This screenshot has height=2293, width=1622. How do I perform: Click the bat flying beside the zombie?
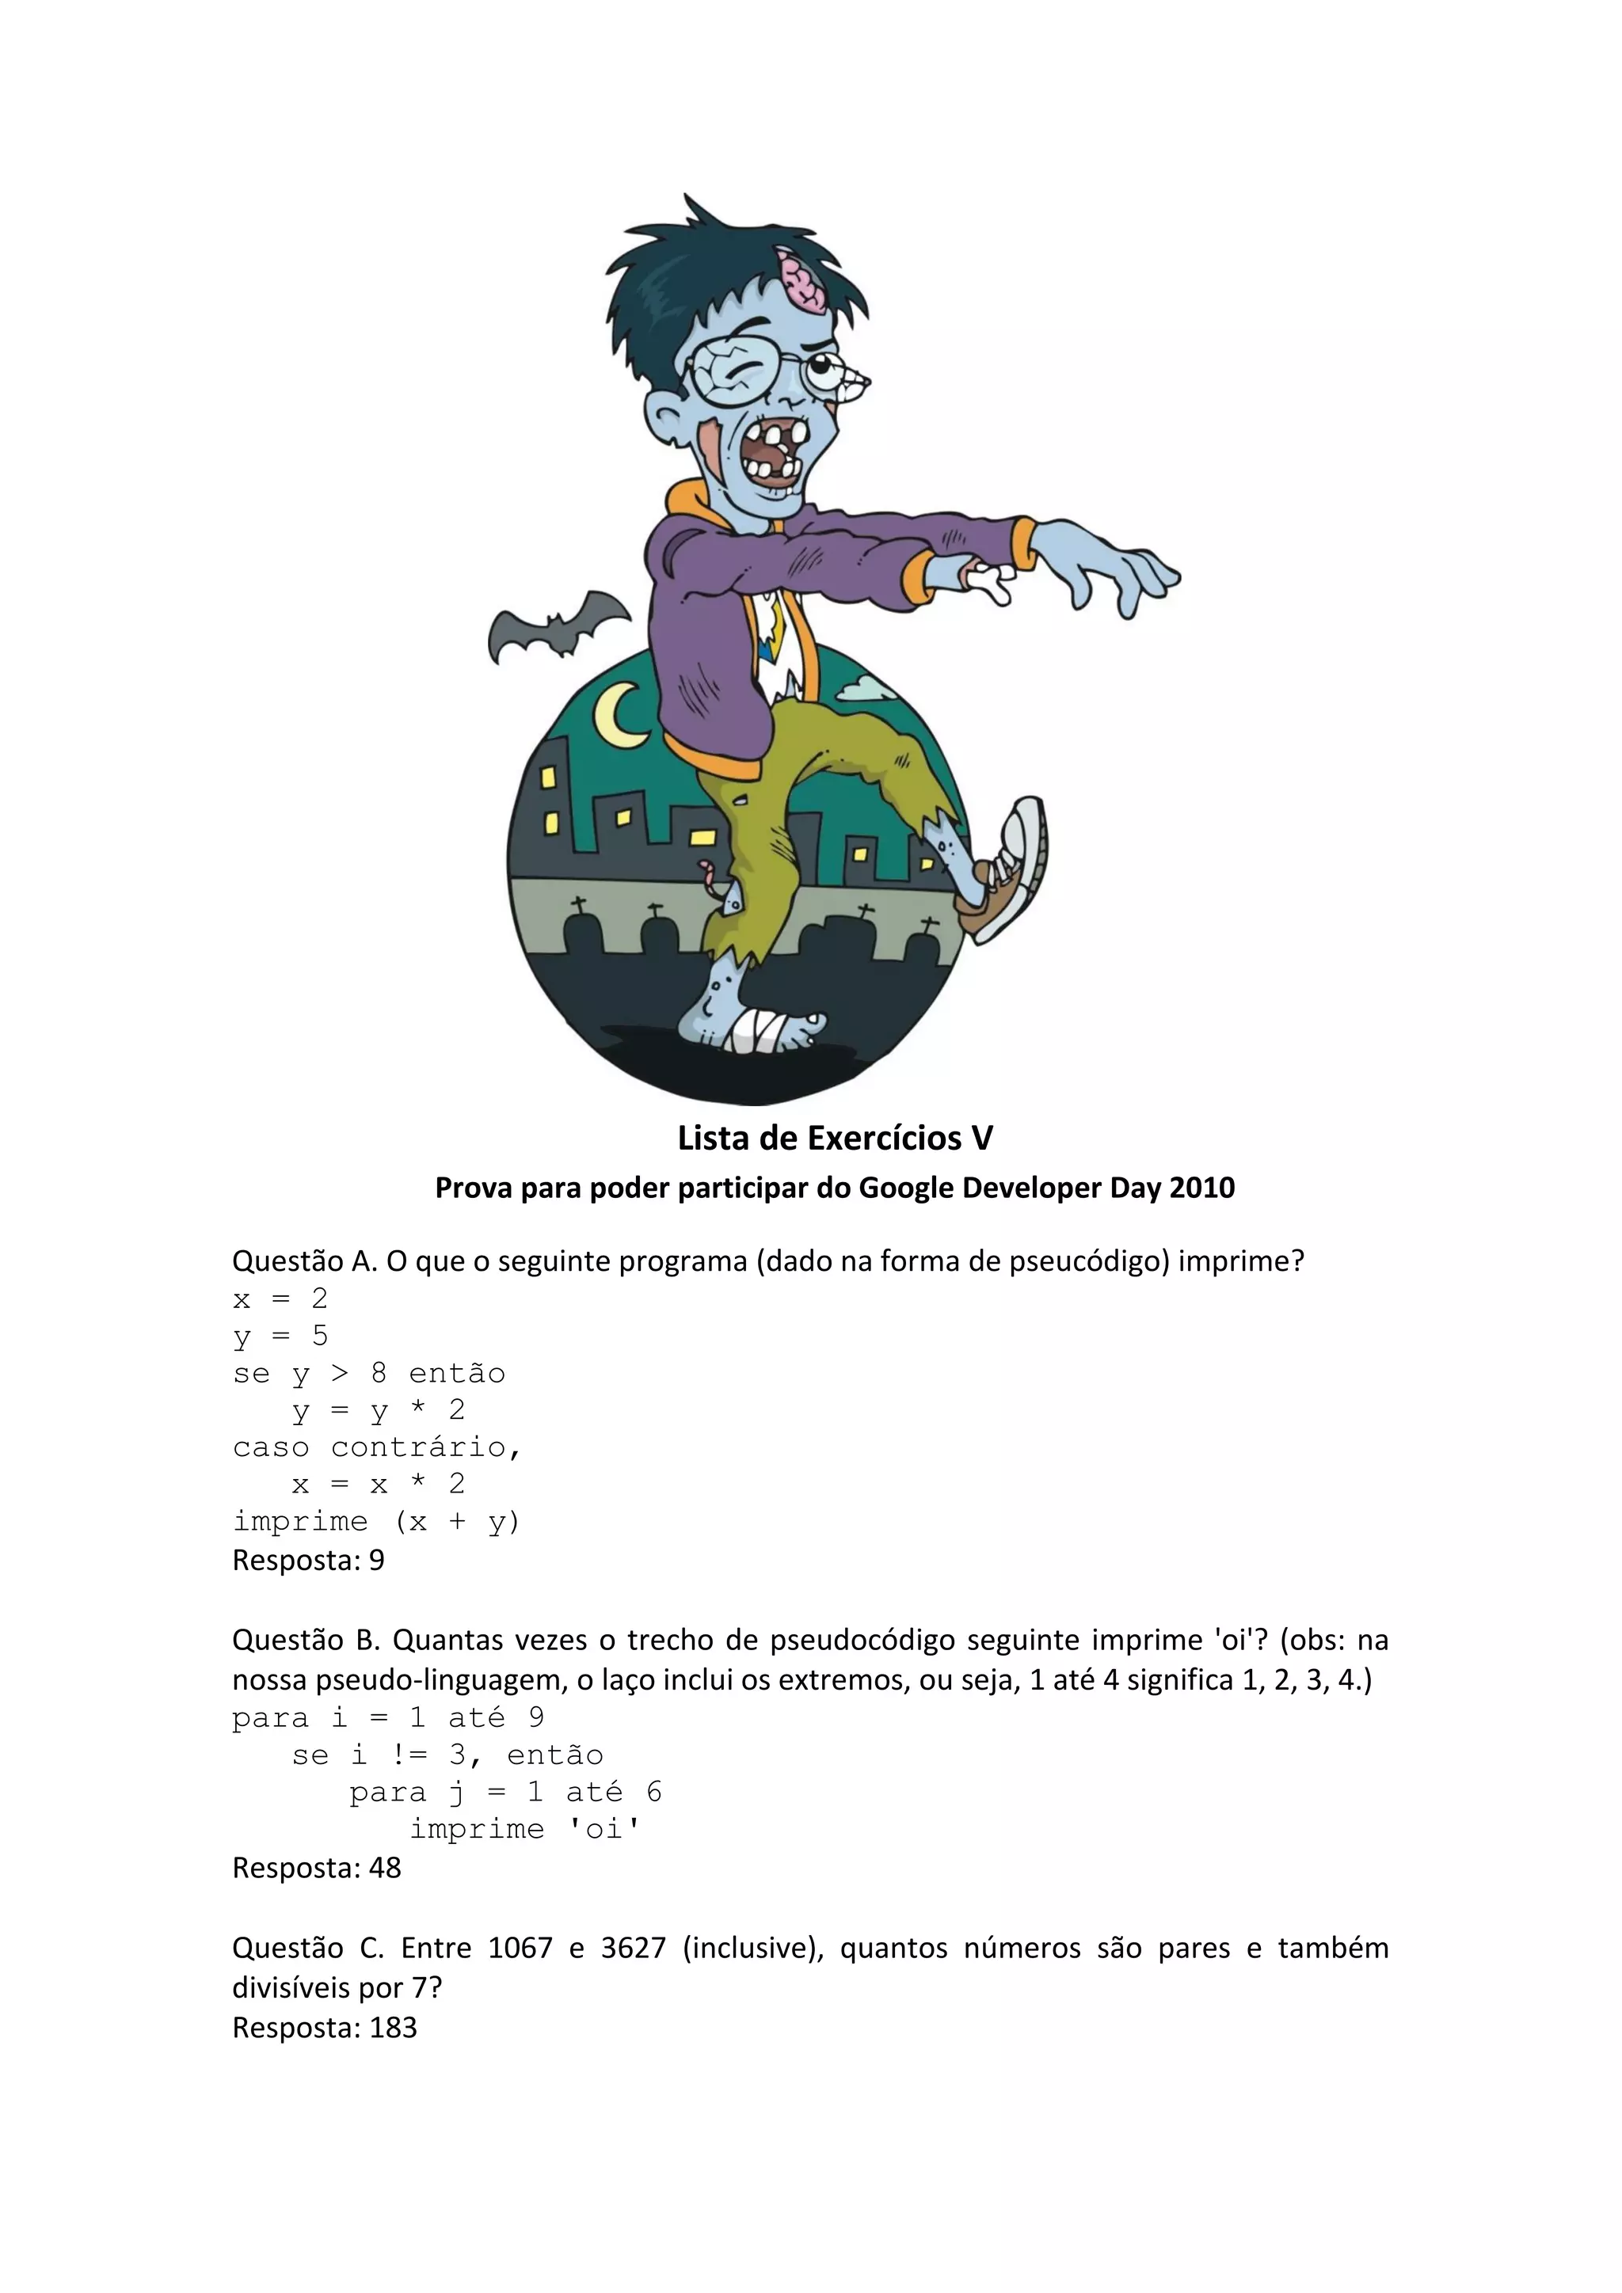pyautogui.click(x=558, y=626)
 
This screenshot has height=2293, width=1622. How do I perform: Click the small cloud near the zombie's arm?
pyautogui.click(x=866, y=688)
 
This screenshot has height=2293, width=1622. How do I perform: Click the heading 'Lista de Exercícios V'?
pyautogui.click(x=835, y=1138)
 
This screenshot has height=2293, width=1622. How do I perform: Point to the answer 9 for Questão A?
pyautogui.click(x=376, y=1560)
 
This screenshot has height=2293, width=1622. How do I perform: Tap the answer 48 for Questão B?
pyautogui.click(x=385, y=1868)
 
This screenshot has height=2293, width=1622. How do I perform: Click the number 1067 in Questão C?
pyautogui.click(x=520, y=1948)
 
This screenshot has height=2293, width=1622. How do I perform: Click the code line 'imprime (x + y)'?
pyautogui.click(x=376, y=1522)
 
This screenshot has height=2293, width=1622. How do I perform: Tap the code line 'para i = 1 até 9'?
pyautogui.click(x=387, y=1717)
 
